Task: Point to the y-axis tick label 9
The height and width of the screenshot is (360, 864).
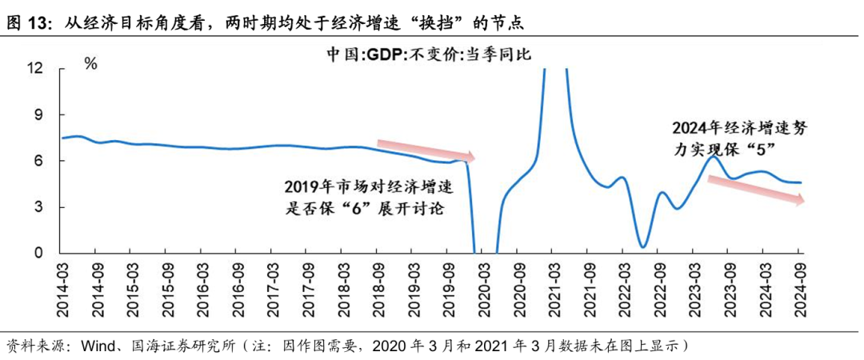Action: pyautogui.click(x=38, y=115)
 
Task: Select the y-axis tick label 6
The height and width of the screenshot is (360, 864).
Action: pyautogui.click(x=38, y=161)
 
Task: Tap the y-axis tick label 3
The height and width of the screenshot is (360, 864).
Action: pyautogui.click(x=38, y=207)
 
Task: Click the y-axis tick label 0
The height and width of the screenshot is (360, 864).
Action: pyautogui.click(x=38, y=254)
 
